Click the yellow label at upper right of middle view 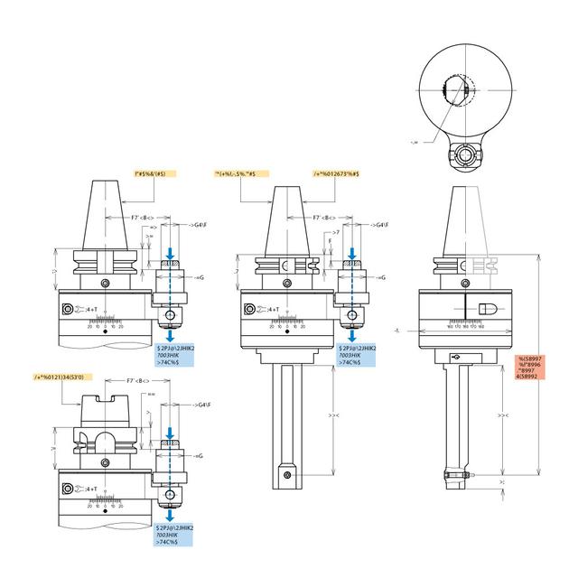tap(337, 172)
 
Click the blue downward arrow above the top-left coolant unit tap(172, 250)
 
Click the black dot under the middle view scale tap(285, 331)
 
